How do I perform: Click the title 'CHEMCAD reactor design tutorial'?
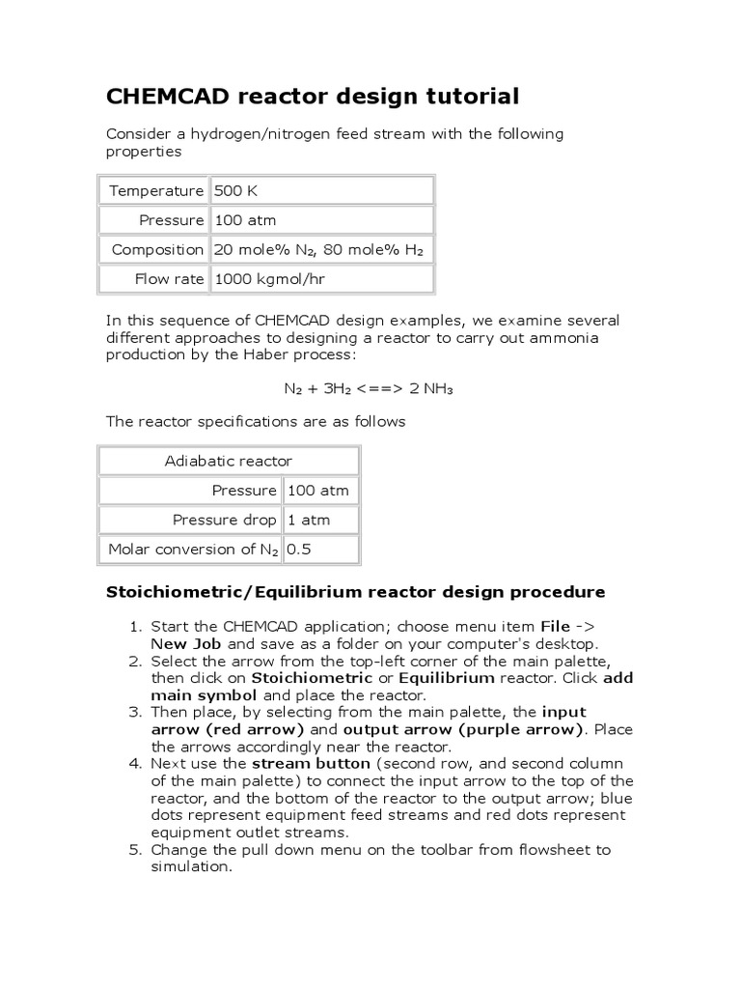(x=312, y=97)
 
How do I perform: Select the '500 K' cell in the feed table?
(x=235, y=190)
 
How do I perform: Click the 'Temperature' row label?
(x=156, y=190)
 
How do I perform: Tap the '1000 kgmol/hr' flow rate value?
(x=271, y=279)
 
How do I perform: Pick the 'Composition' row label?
(x=157, y=249)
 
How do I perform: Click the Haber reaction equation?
(x=368, y=388)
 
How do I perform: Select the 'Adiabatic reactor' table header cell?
(x=229, y=461)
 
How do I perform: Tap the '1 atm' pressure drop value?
(x=309, y=520)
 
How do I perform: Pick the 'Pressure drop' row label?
(x=224, y=520)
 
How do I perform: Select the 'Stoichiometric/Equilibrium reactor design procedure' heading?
(x=355, y=591)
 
